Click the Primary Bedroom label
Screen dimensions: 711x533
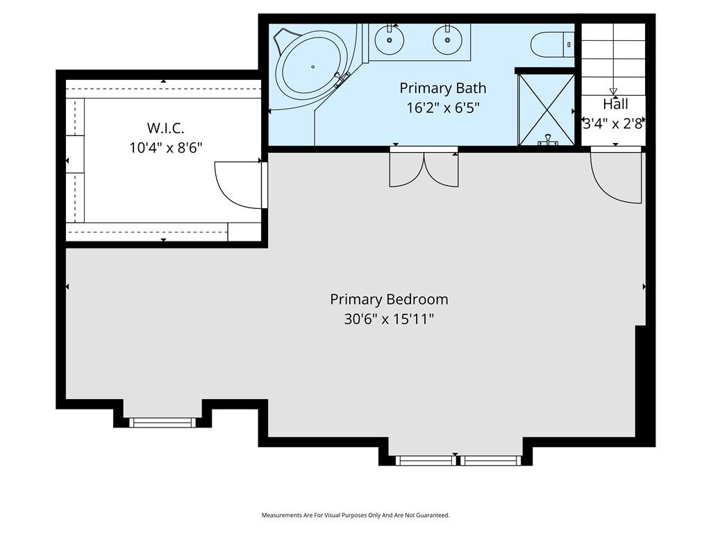tap(389, 300)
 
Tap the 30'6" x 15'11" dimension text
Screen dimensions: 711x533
tap(389, 319)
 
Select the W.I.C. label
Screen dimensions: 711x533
tap(165, 128)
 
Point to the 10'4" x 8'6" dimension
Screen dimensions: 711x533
tap(165, 148)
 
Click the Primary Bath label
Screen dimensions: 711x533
tap(442, 88)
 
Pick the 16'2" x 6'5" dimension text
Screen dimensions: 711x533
tap(442, 108)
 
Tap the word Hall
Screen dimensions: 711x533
tap(615, 104)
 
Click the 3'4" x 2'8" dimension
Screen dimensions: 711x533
tap(614, 124)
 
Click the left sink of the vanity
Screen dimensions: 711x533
tap(390, 40)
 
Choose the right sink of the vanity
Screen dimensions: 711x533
tap(448, 40)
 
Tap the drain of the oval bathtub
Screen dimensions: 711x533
tap(313, 67)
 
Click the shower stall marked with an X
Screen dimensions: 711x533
tap(546, 110)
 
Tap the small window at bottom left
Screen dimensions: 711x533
tap(162, 423)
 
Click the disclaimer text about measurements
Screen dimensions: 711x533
tap(355, 515)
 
